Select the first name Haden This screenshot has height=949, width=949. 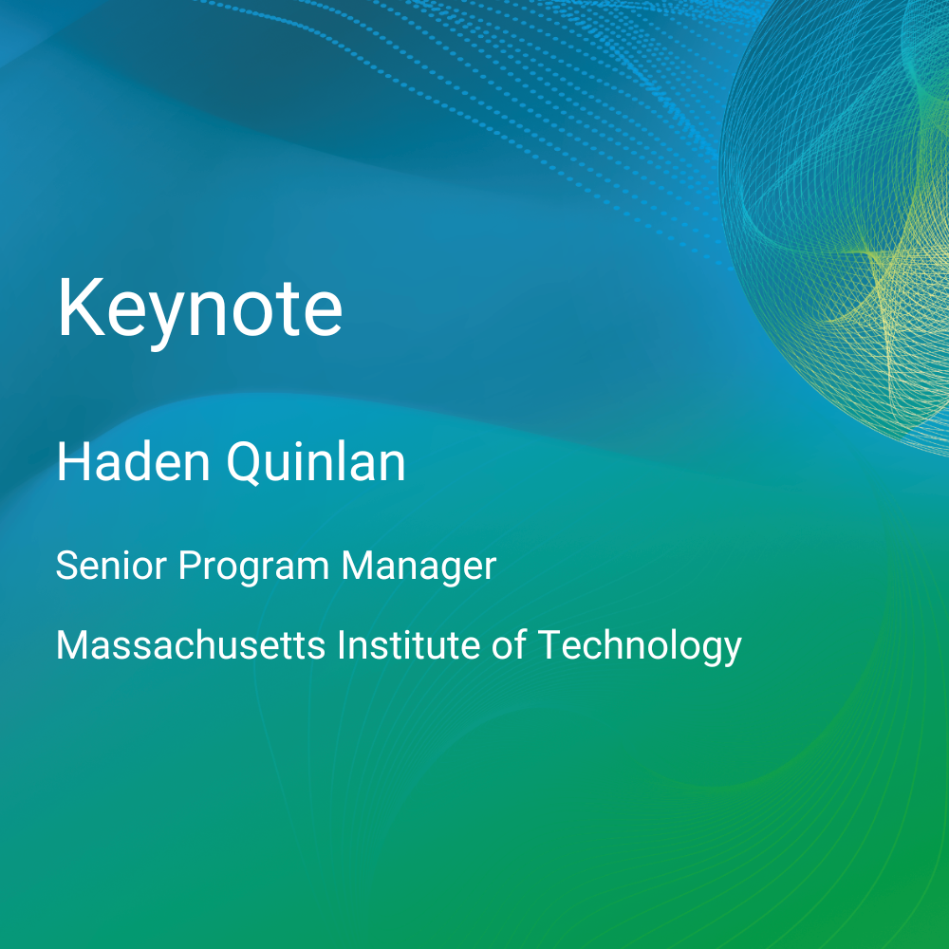134,462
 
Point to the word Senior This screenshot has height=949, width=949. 111,566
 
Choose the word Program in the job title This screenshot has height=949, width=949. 253,568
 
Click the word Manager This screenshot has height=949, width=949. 419,568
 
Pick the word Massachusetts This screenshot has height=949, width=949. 191,645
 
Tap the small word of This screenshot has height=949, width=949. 509,645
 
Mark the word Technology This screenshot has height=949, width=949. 640,647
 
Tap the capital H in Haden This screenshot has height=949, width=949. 73,462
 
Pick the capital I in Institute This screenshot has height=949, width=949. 342,645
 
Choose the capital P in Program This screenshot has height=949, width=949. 190,566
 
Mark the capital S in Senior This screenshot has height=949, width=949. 67,566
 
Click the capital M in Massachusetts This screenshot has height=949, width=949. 73,645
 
